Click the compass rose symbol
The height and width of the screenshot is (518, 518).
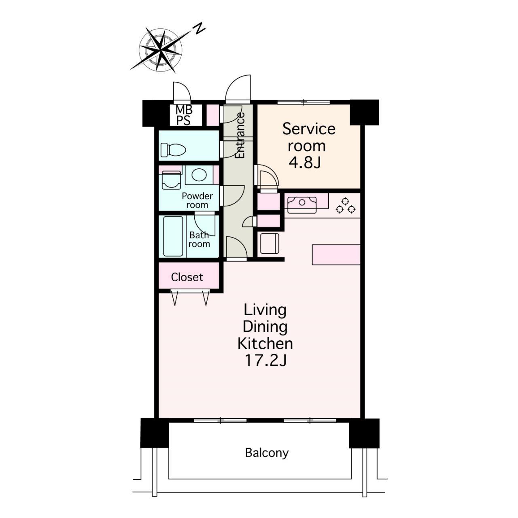pos(161,50)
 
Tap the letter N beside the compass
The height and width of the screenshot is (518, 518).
pos(199,28)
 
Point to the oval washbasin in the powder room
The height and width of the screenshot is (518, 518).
pos(199,175)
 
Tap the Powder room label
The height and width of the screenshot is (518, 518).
pos(197,200)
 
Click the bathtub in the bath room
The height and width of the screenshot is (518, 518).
pos(173,236)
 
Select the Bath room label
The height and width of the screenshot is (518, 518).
pos(199,240)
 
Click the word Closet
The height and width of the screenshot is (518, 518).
pos(187,277)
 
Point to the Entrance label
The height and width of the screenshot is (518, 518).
pos(240,135)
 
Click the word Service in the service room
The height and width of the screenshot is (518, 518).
pos(309,129)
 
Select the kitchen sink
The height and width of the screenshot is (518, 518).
pos(302,205)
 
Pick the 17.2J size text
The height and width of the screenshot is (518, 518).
pos(265,361)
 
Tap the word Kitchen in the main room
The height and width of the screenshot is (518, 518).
pos(265,344)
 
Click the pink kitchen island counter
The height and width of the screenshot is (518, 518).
pos(336,255)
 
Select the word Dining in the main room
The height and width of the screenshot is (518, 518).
pos(265,327)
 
